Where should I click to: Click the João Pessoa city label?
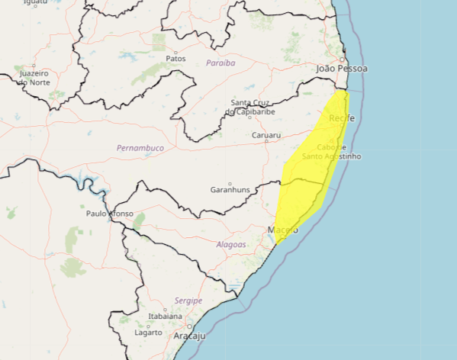point(342,69)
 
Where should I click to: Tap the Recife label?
point(341,118)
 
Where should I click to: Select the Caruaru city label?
point(267,136)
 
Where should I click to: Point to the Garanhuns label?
point(230,189)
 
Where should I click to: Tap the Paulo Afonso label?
point(109,214)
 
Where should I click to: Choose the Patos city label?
point(175,58)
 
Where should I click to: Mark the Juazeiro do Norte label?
point(35,77)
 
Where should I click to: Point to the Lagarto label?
point(149,333)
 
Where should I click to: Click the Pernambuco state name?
point(140,147)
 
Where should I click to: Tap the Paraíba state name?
point(220,63)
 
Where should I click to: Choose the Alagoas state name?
point(231,245)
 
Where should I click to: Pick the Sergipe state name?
point(188,301)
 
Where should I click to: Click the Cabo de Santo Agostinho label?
point(331,152)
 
